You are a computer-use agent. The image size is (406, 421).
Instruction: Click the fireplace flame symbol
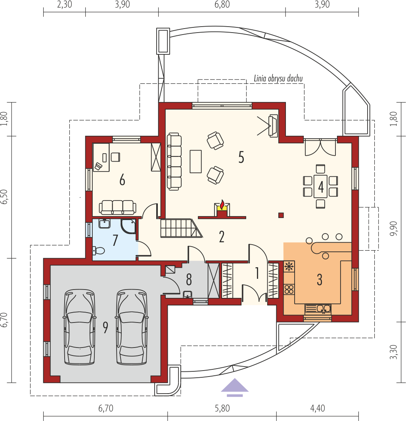(222, 205)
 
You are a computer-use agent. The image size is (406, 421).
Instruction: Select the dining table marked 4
(320, 186)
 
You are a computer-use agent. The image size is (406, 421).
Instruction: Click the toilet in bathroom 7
(98, 251)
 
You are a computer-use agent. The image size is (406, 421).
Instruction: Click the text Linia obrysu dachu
(278, 78)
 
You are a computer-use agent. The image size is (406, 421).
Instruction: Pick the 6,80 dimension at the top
(222, 4)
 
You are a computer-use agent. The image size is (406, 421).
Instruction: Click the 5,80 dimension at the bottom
(222, 408)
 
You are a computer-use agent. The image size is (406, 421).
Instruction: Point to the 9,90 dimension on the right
(394, 229)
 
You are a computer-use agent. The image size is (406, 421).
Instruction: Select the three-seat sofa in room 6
(117, 207)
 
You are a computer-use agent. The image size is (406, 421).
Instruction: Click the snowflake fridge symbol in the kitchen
(289, 267)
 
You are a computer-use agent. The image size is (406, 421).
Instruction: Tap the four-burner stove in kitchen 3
(289, 290)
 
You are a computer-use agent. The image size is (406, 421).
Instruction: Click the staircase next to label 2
(181, 228)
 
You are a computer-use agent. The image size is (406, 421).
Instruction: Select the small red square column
(281, 215)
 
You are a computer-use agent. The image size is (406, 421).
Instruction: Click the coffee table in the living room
(195, 161)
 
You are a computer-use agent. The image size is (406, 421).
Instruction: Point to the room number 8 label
(189, 280)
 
